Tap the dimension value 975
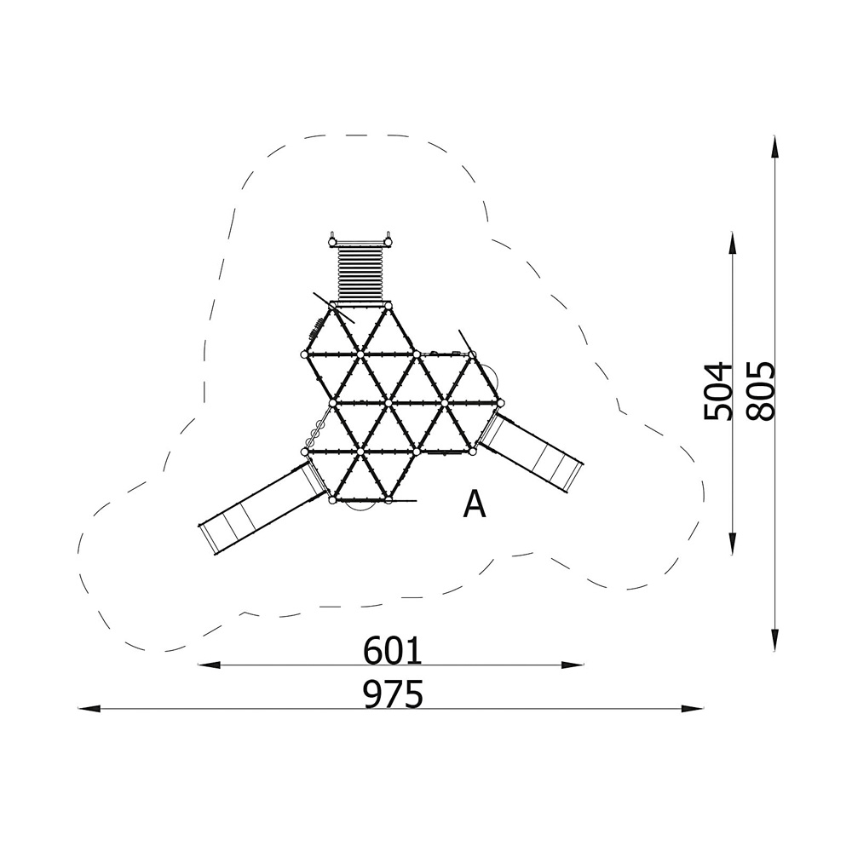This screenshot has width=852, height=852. point(393,694)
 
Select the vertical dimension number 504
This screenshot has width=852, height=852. point(717,391)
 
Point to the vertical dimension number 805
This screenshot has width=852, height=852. point(760,391)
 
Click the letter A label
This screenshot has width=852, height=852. point(474,504)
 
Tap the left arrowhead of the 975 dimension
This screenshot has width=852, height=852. point(89,709)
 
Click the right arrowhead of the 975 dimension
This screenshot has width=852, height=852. point(693,709)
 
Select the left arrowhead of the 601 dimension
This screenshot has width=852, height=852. point(210,665)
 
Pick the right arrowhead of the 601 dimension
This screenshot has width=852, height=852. point(573,665)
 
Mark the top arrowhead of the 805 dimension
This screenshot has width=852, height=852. point(774,147)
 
